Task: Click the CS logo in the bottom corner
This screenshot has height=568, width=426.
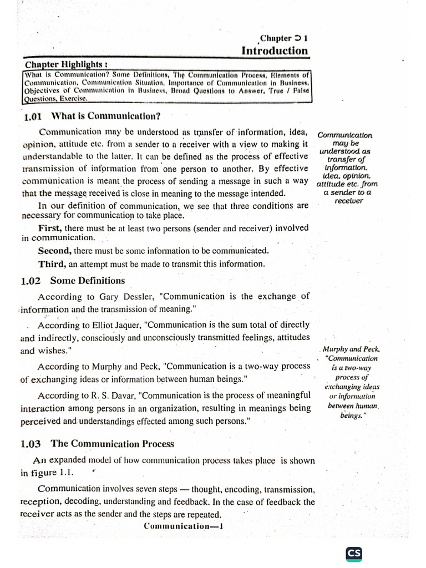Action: pyautogui.click(x=353, y=554)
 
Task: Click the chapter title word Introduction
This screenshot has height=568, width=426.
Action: pyautogui.click(x=274, y=51)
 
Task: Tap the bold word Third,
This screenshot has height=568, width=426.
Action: pyautogui.click(x=52, y=263)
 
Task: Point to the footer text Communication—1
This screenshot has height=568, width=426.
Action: pyautogui.click(x=182, y=526)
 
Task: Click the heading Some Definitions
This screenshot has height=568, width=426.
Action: pyautogui.click(x=88, y=281)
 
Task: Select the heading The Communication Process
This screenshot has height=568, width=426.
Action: pyautogui.click(x=113, y=444)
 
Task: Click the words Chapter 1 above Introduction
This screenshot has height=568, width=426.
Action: pyautogui.click(x=284, y=38)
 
